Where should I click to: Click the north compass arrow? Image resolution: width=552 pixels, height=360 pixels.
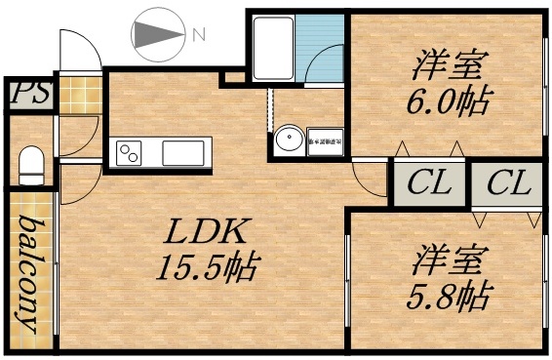point(156,35)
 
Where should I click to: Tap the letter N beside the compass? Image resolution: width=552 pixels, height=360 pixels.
point(198,35)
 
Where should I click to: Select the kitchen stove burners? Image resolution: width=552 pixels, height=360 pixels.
point(129,152)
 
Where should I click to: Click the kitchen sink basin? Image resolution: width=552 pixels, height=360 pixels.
point(182,153)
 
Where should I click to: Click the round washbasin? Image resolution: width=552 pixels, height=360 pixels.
point(288,140)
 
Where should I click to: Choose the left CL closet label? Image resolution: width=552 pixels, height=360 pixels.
point(428,181)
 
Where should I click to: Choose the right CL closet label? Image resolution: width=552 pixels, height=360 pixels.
point(507,181)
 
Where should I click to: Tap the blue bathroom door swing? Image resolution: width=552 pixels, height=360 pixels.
point(323,64)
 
